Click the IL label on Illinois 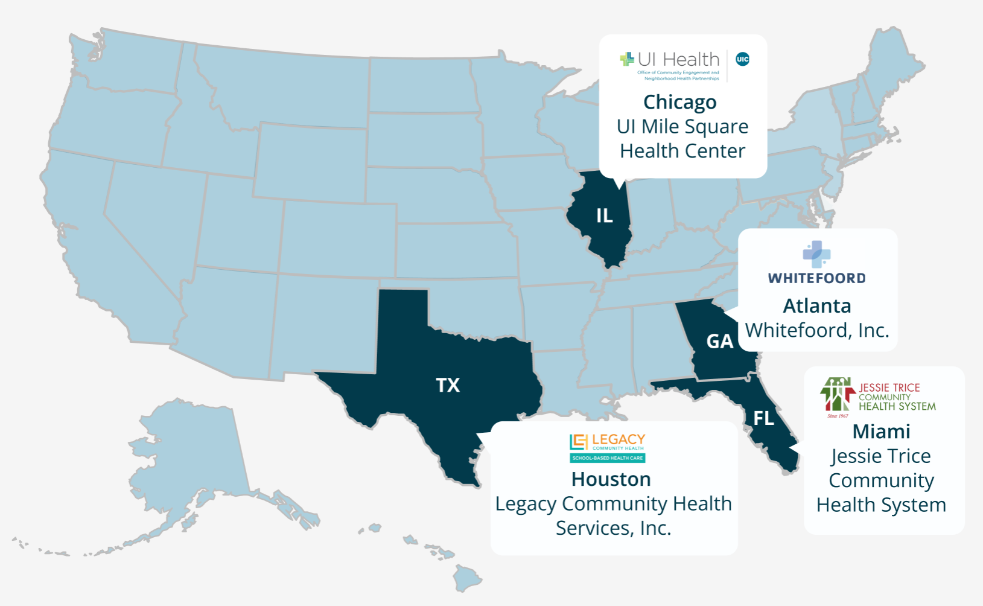pyautogui.click(x=604, y=215)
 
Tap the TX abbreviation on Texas pyautogui.click(x=448, y=385)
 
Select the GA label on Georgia pyautogui.click(x=719, y=342)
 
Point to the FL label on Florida pyautogui.click(x=763, y=418)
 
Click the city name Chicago pyautogui.click(x=679, y=102)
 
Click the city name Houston pyautogui.click(x=611, y=479)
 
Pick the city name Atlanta pyautogui.click(x=816, y=306)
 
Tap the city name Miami pyautogui.click(x=881, y=432)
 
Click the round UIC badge pyautogui.click(x=742, y=59)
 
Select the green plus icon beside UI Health pyautogui.click(x=627, y=59)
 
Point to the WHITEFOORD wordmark pyautogui.click(x=816, y=278)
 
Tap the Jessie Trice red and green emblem pyautogui.click(x=837, y=395)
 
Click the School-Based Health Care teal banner pyautogui.click(x=607, y=458)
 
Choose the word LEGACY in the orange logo pyautogui.click(x=619, y=439)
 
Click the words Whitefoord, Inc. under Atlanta pyautogui.click(x=816, y=331)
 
